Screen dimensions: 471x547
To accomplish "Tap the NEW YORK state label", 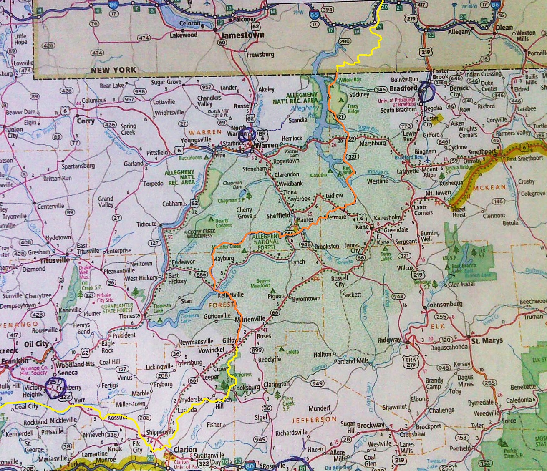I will [x=113, y=70].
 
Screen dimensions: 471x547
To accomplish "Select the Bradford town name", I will [x=403, y=88].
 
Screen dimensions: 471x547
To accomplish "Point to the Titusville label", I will [x=55, y=260].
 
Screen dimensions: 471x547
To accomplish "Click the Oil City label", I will [x=37, y=344].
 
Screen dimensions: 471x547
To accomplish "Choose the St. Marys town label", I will [x=487, y=341].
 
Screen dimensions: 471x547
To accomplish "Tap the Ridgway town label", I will [x=389, y=340].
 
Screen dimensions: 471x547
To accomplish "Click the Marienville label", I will [x=250, y=320].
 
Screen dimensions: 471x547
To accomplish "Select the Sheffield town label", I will [x=278, y=216].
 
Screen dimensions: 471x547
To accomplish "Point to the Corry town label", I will [x=86, y=121].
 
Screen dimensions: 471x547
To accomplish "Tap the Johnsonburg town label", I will [x=445, y=304].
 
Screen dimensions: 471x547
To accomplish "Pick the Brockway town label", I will [x=371, y=425].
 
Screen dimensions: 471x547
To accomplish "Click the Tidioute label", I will [x=146, y=224].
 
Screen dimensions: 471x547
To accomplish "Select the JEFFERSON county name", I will [x=314, y=419].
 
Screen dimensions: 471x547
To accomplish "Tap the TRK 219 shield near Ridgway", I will [x=411, y=362].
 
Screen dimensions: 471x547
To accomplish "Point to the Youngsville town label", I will [x=196, y=140].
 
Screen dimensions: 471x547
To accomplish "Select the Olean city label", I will [x=504, y=28].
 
